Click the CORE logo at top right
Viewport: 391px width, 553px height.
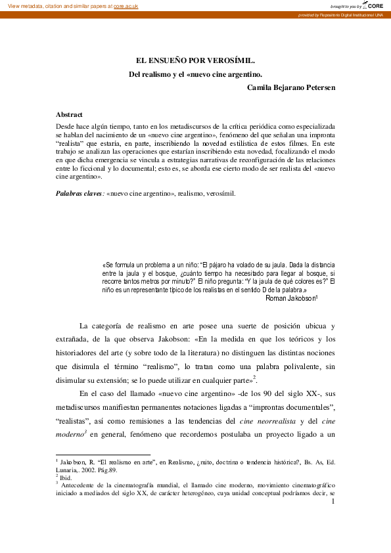point(373,5)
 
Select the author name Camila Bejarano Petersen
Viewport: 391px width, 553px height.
point(291,87)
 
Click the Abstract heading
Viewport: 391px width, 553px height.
point(69,114)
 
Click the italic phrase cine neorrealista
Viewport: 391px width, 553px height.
point(265,421)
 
